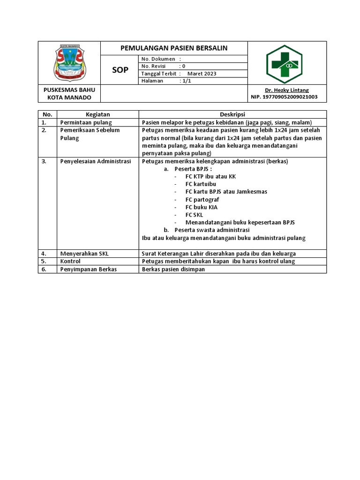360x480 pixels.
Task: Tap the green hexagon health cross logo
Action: (x=284, y=64)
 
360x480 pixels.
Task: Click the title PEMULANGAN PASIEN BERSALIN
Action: (x=174, y=48)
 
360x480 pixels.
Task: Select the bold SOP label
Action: (x=120, y=70)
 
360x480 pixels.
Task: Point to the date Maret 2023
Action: (x=202, y=74)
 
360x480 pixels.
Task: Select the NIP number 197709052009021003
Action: (x=284, y=97)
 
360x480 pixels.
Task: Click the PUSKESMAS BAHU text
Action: (x=69, y=90)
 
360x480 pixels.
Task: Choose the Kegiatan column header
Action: (x=97, y=114)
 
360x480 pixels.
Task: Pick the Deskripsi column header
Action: (x=232, y=114)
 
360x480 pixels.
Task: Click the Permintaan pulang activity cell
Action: (x=86, y=122)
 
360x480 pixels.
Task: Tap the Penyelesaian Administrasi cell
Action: (x=95, y=161)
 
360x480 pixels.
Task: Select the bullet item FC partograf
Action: (x=202, y=199)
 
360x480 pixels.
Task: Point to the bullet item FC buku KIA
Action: (x=202, y=207)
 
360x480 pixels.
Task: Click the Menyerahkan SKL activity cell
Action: (x=84, y=254)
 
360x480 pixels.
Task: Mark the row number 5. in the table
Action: (x=45, y=261)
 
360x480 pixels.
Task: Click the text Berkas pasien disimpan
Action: (x=173, y=269)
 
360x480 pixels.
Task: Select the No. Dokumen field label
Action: (x=158, y=59)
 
